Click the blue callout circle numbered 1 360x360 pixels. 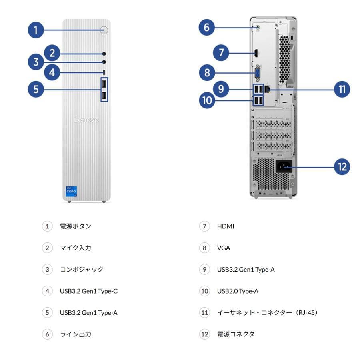(x=36, y=30)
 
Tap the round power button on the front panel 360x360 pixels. (x=104, y=30)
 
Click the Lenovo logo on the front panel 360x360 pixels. (x=86, y=120)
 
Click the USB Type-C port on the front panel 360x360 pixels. (x=104, y=72)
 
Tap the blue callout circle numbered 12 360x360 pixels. (x=342, y=166)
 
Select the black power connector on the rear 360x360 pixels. (x=284, y=166)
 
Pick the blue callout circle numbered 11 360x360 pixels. (x=342, y=89)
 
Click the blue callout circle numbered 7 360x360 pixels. (x=221, y=52)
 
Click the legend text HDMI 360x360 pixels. (x=226, y=226)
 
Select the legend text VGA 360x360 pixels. (x=224, y=248)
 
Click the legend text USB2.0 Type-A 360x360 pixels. (x=238, y=291)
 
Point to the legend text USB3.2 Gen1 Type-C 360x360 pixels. (x=89, y=291)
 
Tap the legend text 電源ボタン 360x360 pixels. (x=76, y=226)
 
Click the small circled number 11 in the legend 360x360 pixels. (x=205, y=312)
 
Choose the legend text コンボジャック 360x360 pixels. (x=82, y=270)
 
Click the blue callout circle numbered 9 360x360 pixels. (x=221, y=89)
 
